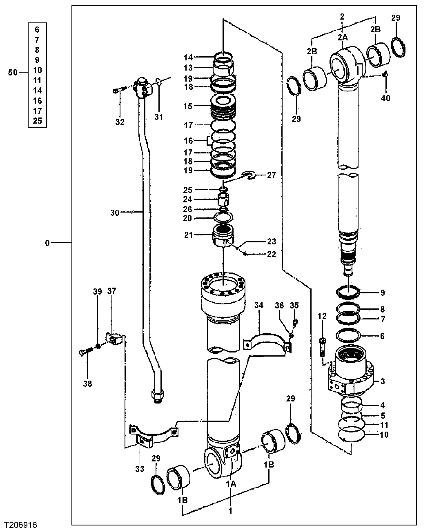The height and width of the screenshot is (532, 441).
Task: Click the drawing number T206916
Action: [23, 523]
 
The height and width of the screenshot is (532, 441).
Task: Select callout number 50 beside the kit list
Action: [13, 73]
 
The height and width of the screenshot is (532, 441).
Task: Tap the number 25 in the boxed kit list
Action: [38, 121]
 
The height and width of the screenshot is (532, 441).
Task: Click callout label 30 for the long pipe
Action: [115, 213]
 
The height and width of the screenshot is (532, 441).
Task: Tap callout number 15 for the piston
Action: [188, 106]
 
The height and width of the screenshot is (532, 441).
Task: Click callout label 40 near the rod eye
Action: [385, 98]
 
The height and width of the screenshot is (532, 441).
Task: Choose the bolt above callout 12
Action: [323, 346]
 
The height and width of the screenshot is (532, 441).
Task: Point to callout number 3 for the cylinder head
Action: [383, 381]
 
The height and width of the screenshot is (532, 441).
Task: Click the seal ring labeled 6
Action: [348, 336]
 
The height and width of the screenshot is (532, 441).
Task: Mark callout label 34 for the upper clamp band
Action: [259, 305]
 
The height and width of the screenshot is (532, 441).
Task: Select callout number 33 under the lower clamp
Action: [140, 469]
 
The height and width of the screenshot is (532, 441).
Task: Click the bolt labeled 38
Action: [85, 351]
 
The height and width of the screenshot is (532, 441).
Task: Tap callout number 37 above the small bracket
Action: [112, 291]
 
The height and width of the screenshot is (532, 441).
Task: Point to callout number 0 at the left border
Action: [47, 243]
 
